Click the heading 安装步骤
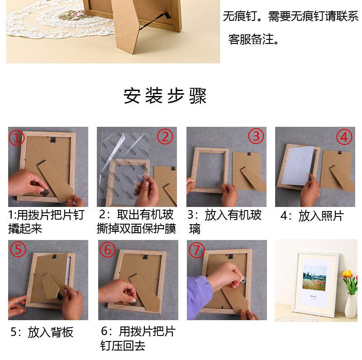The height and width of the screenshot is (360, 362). point(165,96)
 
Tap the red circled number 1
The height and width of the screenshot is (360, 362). point(16,138)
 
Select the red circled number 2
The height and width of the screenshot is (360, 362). point(165,137)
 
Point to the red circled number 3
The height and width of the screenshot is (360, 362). point(256,136)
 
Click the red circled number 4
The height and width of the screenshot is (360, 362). point(344,137)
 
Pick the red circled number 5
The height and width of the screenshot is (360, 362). point(18,250)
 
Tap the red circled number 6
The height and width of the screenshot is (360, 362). point(107,250)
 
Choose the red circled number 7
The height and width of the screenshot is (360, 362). point(197,250)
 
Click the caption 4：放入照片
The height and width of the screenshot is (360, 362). point(312,216)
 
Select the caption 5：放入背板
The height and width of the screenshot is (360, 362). point(42,332)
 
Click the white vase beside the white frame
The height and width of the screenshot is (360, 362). point(351,306)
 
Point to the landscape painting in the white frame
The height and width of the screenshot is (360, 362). point(314,278)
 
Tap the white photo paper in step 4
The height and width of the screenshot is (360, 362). point(297,166)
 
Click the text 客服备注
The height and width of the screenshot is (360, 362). point(253,39)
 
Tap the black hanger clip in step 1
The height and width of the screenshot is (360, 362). point(53,140)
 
